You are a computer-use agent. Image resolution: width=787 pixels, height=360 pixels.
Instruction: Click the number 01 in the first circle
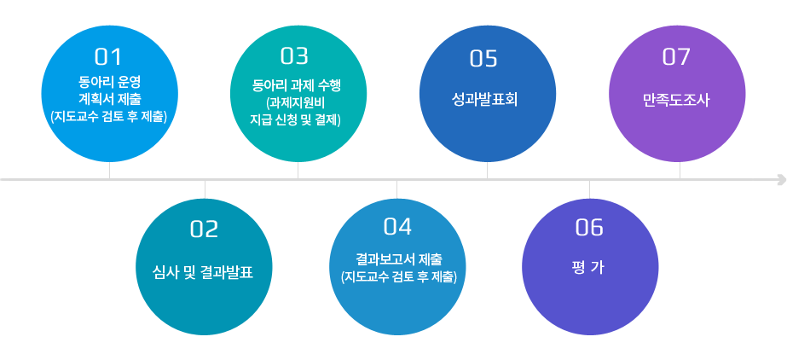coord(108,57)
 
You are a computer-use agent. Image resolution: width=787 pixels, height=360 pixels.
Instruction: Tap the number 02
coord(205,229)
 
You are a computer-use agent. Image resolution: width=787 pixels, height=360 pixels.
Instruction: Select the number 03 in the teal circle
coord(295,56)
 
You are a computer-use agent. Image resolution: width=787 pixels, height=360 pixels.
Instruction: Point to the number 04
coord(397,227)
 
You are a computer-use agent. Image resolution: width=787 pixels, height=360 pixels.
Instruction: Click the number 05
coord(483,59)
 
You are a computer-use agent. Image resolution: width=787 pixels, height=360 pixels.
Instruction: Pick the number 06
coord(589,228)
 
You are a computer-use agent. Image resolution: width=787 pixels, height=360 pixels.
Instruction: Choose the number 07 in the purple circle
coord(676,57)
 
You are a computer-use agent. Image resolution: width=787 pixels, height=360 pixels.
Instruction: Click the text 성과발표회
coord(485,100)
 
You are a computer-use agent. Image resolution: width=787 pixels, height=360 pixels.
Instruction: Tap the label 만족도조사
coord(676,101)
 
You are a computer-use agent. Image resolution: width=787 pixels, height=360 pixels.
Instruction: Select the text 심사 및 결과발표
coord(203,273)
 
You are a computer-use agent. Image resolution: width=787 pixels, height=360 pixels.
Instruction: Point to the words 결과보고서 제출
coord(398,260)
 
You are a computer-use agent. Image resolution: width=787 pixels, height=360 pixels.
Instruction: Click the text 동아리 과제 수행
coord(297,86)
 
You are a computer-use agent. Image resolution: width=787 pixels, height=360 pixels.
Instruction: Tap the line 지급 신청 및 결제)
coord(295,120)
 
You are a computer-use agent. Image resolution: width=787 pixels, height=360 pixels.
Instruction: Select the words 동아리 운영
coord(108,81)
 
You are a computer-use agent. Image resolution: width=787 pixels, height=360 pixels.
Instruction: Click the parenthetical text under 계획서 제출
coord(108,117)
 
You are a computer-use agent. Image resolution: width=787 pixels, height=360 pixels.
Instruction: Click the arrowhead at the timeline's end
coord(781,179)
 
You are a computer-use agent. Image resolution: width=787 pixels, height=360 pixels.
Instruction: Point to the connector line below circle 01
coord(109,171)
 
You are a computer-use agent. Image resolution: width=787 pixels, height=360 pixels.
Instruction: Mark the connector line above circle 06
coord(590,189)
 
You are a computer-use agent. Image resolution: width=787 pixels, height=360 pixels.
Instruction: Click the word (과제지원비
coord(297,103)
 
